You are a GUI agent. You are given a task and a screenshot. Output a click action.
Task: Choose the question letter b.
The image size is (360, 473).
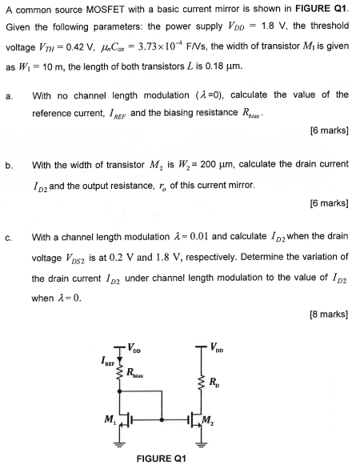[x=7, y=165]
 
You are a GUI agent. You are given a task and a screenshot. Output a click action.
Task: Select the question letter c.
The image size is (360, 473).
[x=7, y=238]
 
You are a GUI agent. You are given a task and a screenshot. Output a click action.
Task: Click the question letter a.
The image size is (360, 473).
[x=7, y=95]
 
